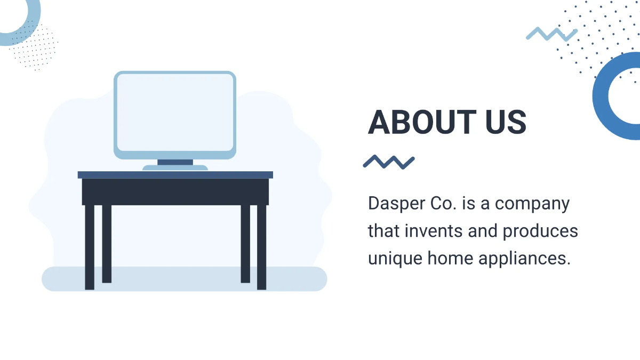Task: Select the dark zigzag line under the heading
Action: coord(389,162)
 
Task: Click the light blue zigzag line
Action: coord(551,34)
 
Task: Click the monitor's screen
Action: coord(175,112)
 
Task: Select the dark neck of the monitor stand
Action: coord(175,162)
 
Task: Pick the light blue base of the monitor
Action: coord(175,168)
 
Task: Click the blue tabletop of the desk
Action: coord(175,174)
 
